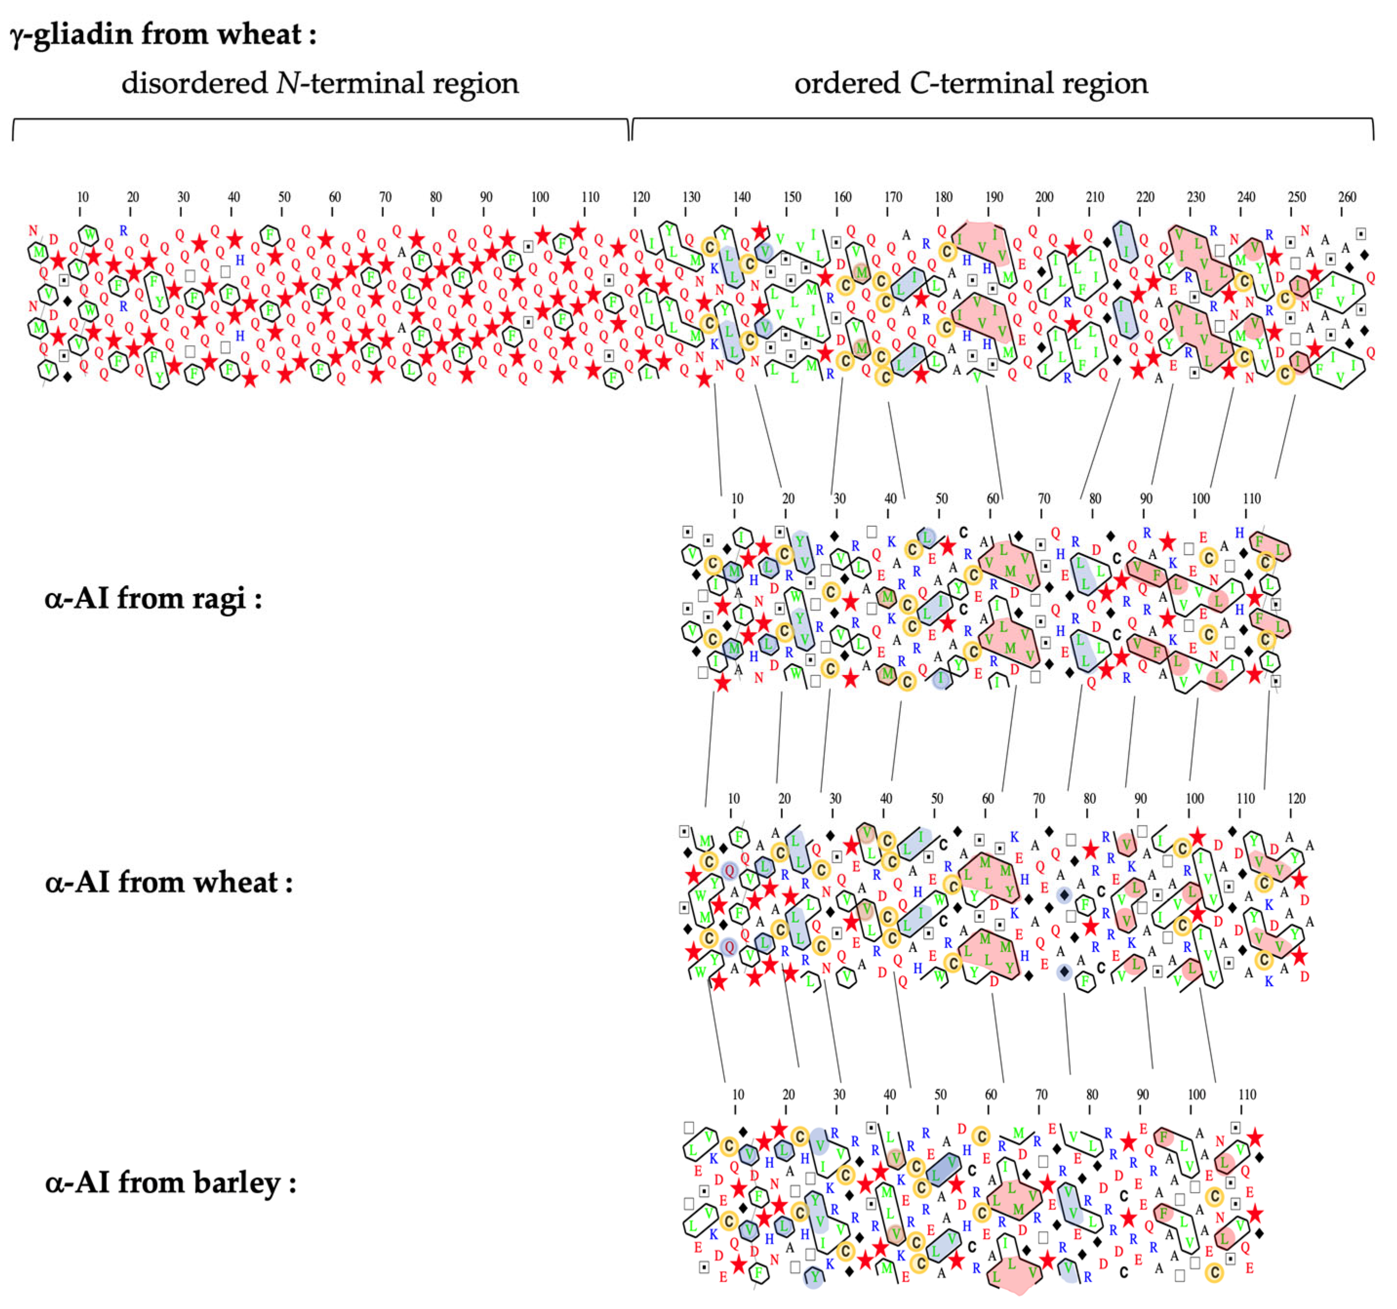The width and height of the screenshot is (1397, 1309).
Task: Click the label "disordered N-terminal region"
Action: pos(319,83)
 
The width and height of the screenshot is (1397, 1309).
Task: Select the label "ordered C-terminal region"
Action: pos(971,83)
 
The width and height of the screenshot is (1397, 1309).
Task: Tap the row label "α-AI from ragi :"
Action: pos(153,598)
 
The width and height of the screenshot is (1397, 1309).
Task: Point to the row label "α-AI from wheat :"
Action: pos(169,883)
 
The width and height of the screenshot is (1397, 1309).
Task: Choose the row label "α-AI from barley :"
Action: pos(171,1183)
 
